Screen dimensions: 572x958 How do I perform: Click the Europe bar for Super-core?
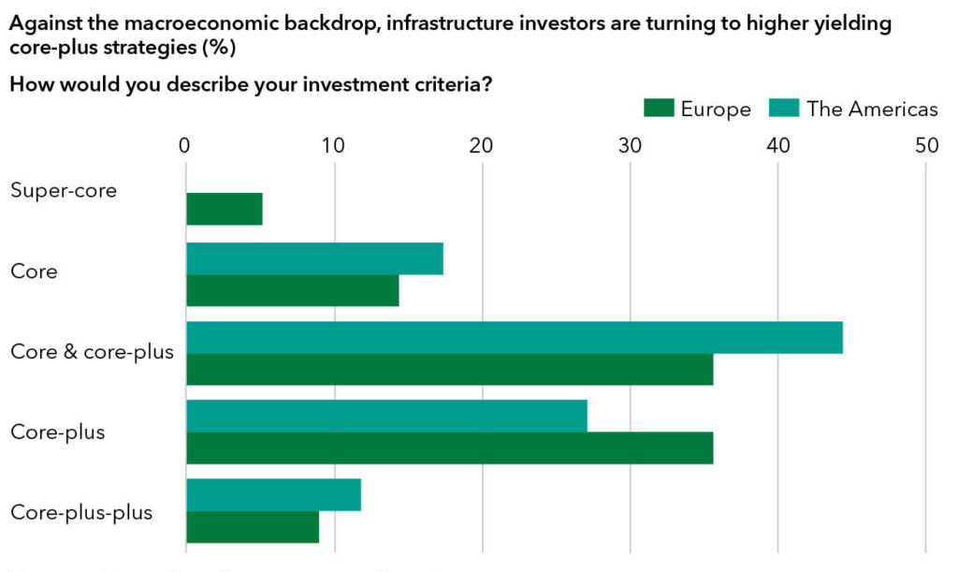[225, 209]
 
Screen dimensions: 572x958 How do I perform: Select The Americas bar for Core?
[314, 258]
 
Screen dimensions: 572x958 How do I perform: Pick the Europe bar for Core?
[293, 290]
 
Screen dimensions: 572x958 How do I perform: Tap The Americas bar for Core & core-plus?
[515, 337]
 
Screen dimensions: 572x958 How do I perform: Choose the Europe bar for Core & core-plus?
[450, 369]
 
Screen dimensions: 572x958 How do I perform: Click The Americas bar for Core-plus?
[386, 416]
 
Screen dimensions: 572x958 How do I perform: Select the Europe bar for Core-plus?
[450, 447]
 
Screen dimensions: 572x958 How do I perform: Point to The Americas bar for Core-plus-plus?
[273, 494]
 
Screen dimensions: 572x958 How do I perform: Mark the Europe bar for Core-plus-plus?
[253, 526]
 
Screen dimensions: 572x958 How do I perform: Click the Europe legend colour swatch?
[659, 110]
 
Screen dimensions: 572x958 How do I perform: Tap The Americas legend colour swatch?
[784, 110]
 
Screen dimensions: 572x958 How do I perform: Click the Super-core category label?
[64, 191]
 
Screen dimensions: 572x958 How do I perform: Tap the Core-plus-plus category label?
[81, 513]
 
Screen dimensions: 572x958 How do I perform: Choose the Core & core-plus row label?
[92, 353]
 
